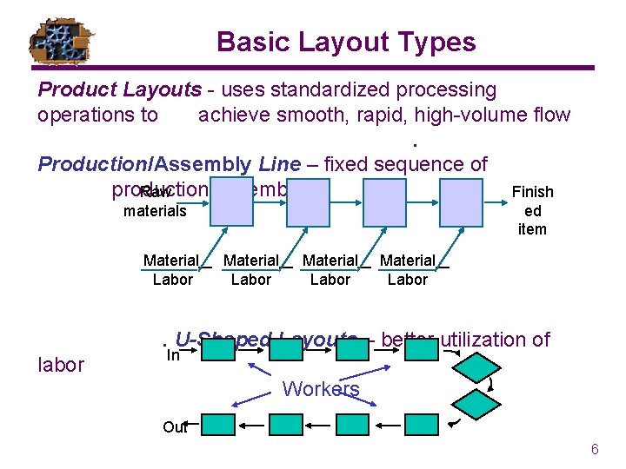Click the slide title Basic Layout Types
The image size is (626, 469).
346,42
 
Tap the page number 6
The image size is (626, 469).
595,449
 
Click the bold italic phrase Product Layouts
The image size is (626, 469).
105,89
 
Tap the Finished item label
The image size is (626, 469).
532,210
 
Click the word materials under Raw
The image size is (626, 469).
155,210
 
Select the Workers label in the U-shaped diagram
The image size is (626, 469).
321,389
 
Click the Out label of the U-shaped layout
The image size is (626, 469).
174,426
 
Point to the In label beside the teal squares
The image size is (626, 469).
173,354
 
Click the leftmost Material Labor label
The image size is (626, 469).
172,269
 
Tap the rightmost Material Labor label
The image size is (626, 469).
407,269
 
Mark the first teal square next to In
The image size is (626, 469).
221,350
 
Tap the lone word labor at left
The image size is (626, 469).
61,365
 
